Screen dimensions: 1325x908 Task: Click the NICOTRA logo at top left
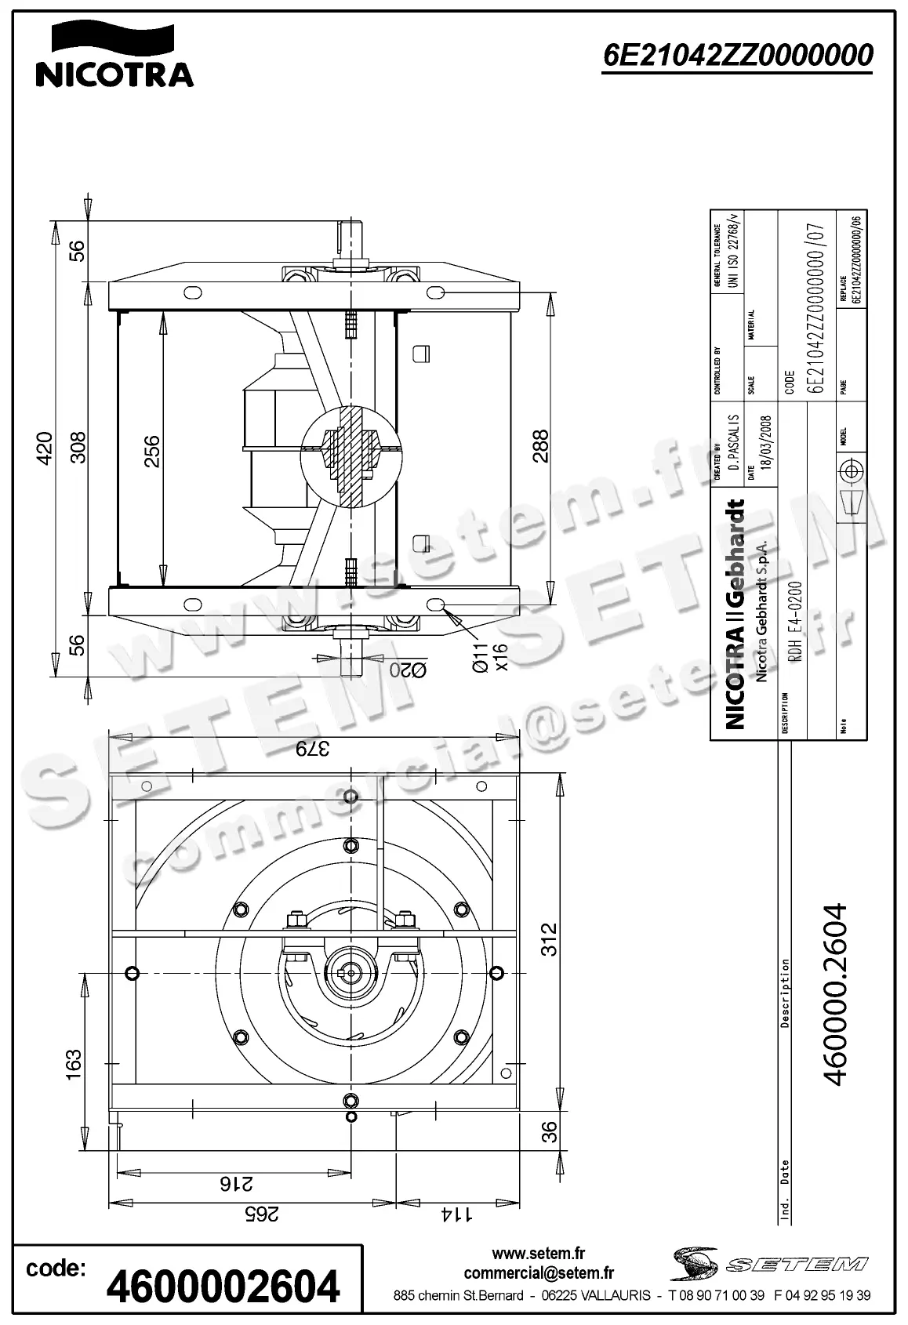click(114, 55)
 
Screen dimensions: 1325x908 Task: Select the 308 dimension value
click(78, 448)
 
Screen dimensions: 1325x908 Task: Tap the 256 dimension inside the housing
click(151, 452)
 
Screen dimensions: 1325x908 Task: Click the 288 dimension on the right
click(540, 446)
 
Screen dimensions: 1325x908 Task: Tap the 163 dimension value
click(73, 1065)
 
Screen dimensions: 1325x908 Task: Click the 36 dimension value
click(550, 1132)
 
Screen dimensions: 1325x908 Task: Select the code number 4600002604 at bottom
click(223, 1287)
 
